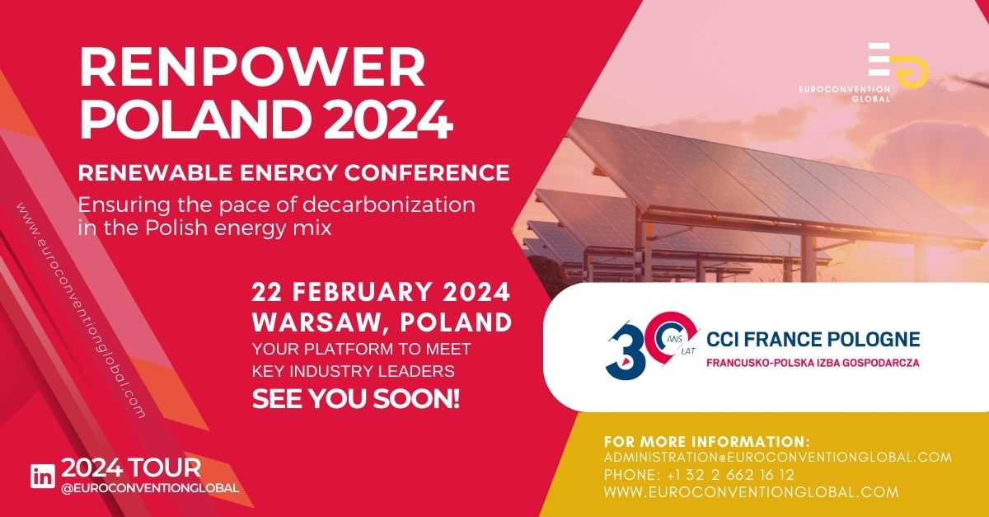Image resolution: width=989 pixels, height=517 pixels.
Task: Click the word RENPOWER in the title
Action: pyautogui.click(x=252, y=66)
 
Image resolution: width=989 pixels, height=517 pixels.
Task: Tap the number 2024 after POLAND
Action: pyautogui.click(x=388, y=120)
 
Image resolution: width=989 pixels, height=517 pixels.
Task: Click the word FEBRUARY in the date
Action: pyautogui.click(x=362, y=292)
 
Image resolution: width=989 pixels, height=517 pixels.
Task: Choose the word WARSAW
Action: pyautogui.click(x=321, y=322)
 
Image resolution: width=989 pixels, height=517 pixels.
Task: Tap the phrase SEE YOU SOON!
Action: pyautogui.click(x=356, y=398)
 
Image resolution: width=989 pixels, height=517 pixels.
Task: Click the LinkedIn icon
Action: pyautogui.click(x=43, y=476)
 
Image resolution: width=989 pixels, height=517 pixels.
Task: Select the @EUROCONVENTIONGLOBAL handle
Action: pyautogui.click(x=150, y=488)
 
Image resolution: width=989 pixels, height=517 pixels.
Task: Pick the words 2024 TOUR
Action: pyautogui.click(x=131, y=468)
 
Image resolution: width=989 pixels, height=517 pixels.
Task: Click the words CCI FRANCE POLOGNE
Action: pyautogui.click(x=813, y=339)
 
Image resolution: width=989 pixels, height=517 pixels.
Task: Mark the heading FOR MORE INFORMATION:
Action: pyautogui.click(x=707, y=441)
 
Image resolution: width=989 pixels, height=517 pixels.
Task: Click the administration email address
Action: pyautogui.click(x=778, y=457)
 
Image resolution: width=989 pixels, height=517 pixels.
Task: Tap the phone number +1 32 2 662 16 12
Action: pyautogui.click(x=731, y=475)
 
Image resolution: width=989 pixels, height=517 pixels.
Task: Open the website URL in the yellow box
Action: pyautogui.click(x=752, y=491)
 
